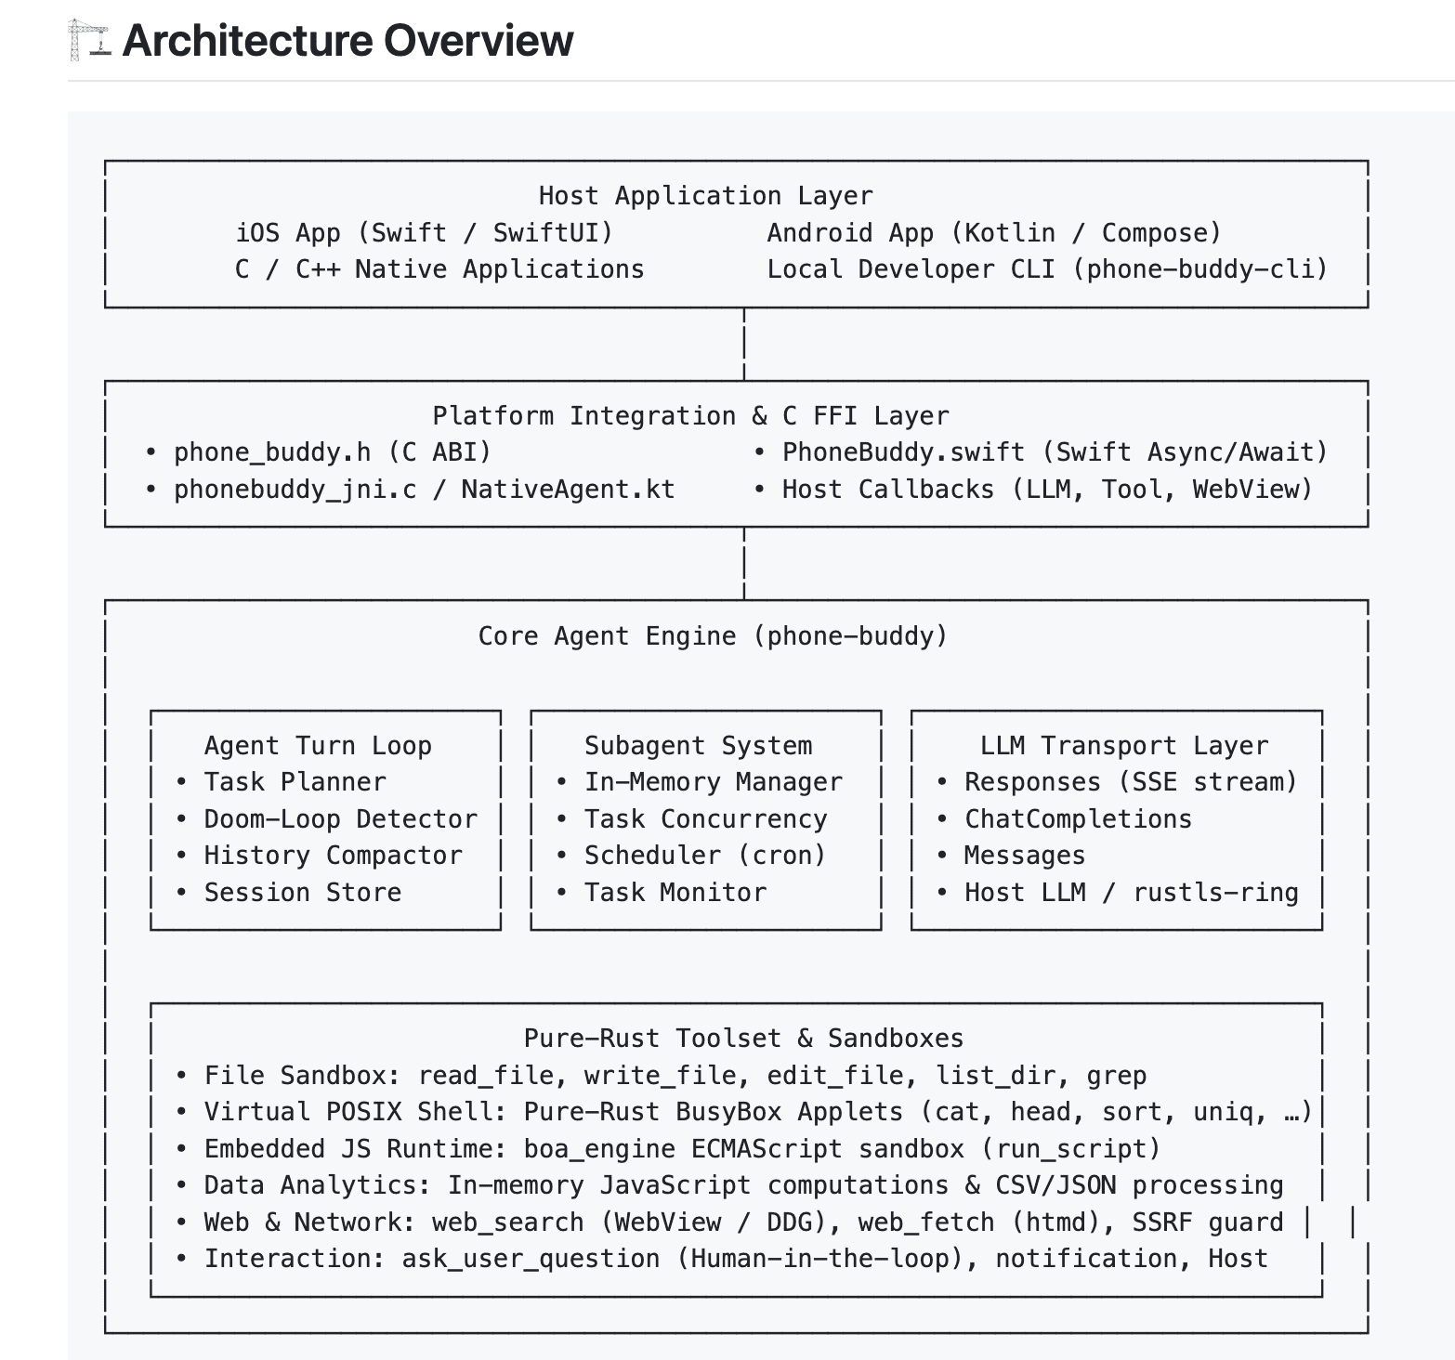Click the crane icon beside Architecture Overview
89,41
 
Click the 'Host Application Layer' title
706,196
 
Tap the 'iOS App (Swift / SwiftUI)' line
425,232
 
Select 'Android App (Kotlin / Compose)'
994,232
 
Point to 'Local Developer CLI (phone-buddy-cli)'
1047,269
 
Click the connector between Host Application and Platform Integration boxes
744,344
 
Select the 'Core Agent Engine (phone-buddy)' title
713,636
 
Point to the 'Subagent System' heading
698,746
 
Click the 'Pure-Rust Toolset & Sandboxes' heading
744,1039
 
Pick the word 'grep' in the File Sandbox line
1116,1076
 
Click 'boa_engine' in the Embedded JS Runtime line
599,1149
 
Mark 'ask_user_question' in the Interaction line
531,1259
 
